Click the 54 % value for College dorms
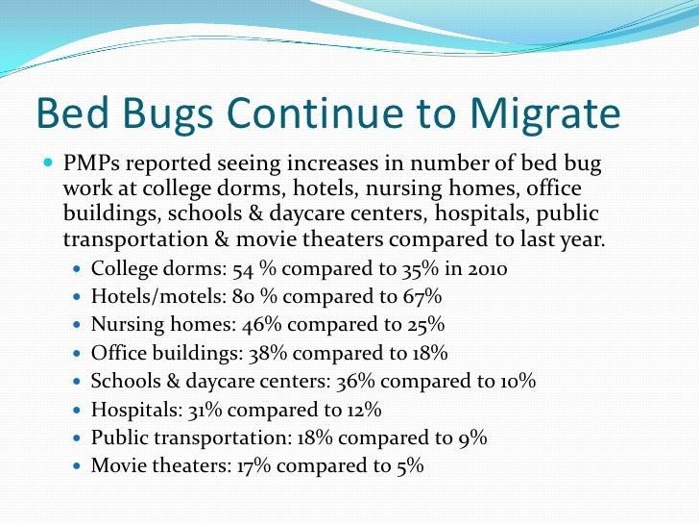[x=247, y=269]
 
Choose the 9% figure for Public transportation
[x=472, y=437]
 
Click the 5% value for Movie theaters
[x=408, y=465]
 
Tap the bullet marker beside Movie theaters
[x=79, y=466]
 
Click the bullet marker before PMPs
[x=48, y=165]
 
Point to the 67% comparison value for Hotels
[x=423, y=297]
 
